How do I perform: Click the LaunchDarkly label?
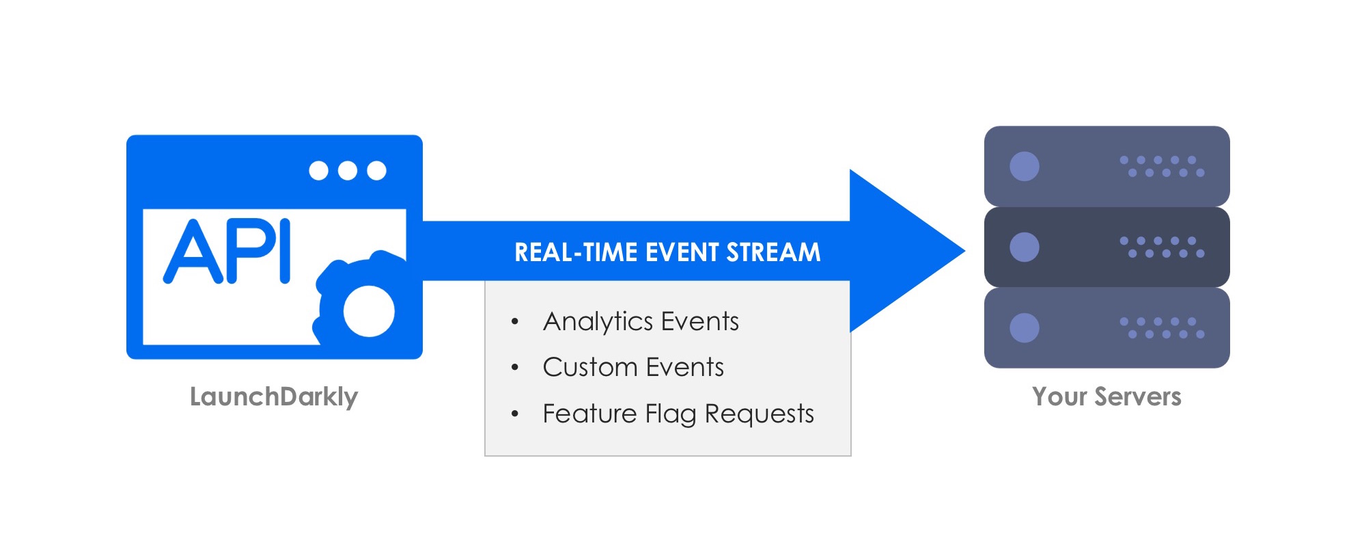coord(274,397)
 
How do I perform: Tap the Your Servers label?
coord(1106,397)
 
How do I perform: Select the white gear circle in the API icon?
coord(369,311)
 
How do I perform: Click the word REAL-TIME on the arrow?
coord(577,252)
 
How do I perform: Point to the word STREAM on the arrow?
coord(773,252)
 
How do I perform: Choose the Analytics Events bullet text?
coord(641,321)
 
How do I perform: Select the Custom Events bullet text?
coord(633,367)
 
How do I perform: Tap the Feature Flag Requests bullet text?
coord(678,414)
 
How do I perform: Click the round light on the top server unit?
coord(1024,166)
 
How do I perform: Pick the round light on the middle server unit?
coord(1024,247)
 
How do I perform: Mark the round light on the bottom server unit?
coord(1024,327)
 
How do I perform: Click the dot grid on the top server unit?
coord(1162,166)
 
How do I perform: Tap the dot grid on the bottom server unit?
coord(1162,327)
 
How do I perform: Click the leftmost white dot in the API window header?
coord(318,170)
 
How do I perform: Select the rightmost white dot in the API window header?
coord(376,170)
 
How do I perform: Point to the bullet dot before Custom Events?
coord(515,368)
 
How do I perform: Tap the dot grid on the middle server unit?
coord(1162,247)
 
